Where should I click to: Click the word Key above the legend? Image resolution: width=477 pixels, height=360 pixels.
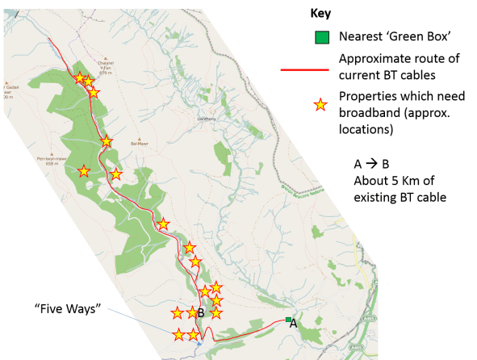321,14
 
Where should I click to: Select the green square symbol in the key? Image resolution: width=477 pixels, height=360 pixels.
321,37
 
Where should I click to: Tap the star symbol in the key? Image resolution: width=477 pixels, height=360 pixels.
320,103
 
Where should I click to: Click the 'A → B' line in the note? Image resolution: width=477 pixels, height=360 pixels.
371,164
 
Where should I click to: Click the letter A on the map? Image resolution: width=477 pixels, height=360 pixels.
294,323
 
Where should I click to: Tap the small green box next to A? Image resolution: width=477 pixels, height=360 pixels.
287,320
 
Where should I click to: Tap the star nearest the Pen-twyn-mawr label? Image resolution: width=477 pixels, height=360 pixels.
83,171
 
